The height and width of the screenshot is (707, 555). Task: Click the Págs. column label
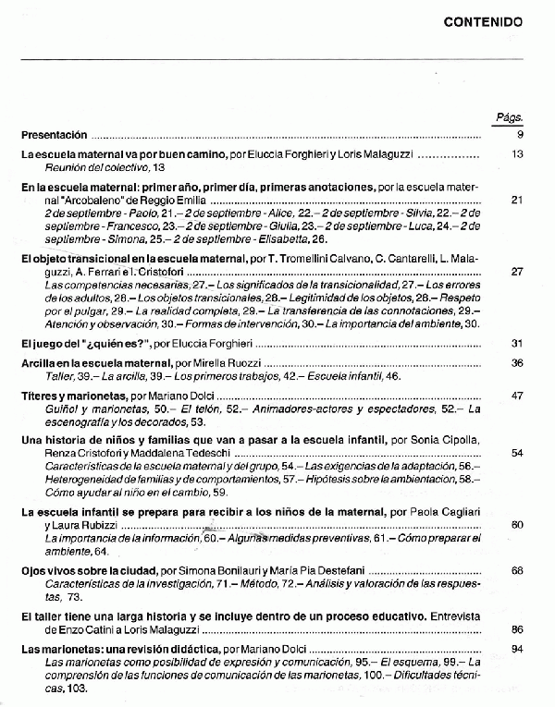[510, 118]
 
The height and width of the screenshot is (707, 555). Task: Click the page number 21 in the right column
[517, 199]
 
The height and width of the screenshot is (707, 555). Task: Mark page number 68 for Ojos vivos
[517, 572]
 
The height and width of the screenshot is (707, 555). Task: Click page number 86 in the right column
[517, 628]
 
